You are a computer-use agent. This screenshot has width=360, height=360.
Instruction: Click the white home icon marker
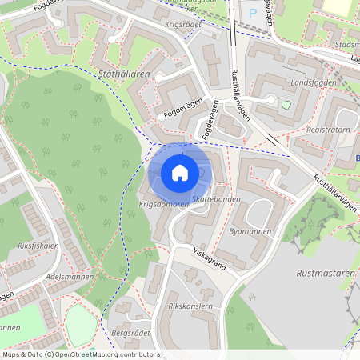tap(180, 173)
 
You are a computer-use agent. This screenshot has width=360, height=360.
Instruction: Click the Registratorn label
tap(328, 128)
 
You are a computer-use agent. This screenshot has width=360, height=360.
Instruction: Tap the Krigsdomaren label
tap(164, 205)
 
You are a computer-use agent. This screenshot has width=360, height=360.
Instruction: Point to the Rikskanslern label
tap(190, 306)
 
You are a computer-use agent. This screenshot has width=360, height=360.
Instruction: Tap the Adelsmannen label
tap(70, 276)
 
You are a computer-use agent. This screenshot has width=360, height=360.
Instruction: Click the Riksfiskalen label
tap(38, 246)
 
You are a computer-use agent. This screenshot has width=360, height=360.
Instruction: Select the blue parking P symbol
tap(254, 13)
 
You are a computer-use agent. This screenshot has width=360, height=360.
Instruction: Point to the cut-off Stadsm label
tap(348, 46)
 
